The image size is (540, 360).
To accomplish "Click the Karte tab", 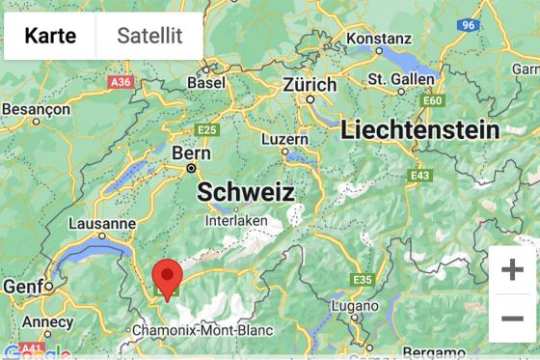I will pos(50,36).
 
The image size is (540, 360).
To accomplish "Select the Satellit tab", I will pos(149,36).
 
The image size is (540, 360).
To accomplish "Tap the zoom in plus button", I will pos(512,269).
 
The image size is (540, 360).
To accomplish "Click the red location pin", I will pos(170,278).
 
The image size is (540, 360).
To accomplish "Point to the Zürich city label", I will pos(310,84).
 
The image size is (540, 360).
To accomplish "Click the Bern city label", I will pos(190,153).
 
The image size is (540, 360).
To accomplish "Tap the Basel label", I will pos(205,83).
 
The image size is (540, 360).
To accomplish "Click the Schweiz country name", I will pos(246,191).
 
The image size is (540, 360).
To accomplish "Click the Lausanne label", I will pos(102,223).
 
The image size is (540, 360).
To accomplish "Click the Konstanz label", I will pos(379,38).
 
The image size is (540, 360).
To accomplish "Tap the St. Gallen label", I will pos(403,78).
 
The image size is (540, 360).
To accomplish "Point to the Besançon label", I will pos(37,109).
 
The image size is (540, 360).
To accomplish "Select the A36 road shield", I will pos(121,83).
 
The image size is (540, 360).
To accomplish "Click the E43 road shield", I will pos(419,176).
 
